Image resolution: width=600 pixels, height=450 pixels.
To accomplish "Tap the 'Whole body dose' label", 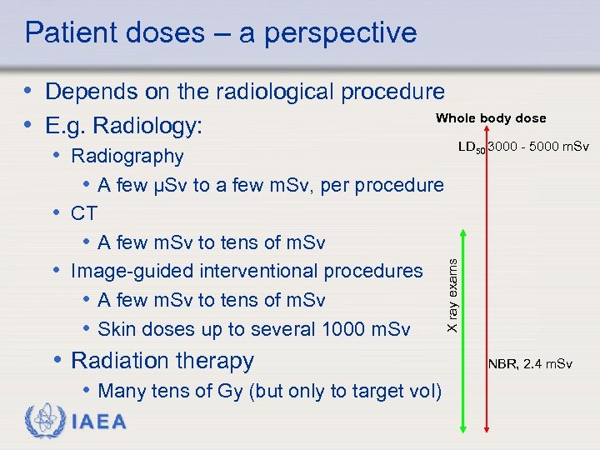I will click(491, 118).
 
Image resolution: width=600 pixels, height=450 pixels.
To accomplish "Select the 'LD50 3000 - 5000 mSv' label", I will click(523, 147).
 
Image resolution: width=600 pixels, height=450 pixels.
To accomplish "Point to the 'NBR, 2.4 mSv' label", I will click(530, 364).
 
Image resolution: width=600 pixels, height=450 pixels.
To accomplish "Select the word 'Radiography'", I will click(127, 156).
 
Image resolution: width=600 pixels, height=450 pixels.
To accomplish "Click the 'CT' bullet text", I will click(84, 213).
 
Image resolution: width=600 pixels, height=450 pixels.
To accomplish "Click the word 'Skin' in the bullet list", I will click(116, 329).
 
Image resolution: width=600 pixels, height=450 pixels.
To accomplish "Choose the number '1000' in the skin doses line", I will click(342, 329).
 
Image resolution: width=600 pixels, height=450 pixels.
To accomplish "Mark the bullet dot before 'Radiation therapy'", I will click(57, 360).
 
